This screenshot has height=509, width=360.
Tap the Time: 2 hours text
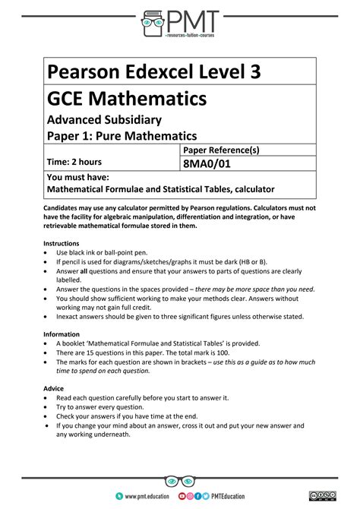[x=74, y=162]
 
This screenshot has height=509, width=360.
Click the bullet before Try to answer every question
[x=48, y=407]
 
